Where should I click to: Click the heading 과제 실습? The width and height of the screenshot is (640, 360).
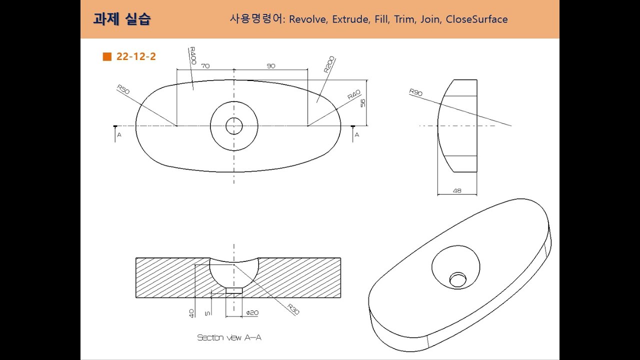[121, 19]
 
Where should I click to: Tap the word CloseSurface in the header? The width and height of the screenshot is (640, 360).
[476, 19]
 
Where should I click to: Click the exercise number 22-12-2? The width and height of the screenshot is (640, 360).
[136, 56]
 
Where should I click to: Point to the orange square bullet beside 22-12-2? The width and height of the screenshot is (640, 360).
[106, 56]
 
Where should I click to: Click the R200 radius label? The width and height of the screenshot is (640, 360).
[329, 65]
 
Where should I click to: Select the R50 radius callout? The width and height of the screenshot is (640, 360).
[123, 89]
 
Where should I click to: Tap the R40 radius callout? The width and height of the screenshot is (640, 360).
[354, 95]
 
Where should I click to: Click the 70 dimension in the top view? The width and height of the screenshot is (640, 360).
[205, 66]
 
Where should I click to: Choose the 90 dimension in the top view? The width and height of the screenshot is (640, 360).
[270, 66]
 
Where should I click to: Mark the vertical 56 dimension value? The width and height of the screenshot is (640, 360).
[363, 102]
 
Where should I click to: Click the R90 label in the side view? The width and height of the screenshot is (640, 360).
[415, 92]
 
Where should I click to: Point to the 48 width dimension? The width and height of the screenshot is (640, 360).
[456, 190]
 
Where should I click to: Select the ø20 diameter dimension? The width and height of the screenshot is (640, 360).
[252, 313]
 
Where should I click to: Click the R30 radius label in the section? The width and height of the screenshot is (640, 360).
[293, 309]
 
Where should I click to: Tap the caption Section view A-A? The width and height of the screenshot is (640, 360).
[229, 337]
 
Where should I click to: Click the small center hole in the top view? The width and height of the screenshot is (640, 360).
[234, 126]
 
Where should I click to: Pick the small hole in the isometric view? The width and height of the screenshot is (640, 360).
[457, 279]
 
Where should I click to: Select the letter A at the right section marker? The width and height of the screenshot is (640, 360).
[356, 135]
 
